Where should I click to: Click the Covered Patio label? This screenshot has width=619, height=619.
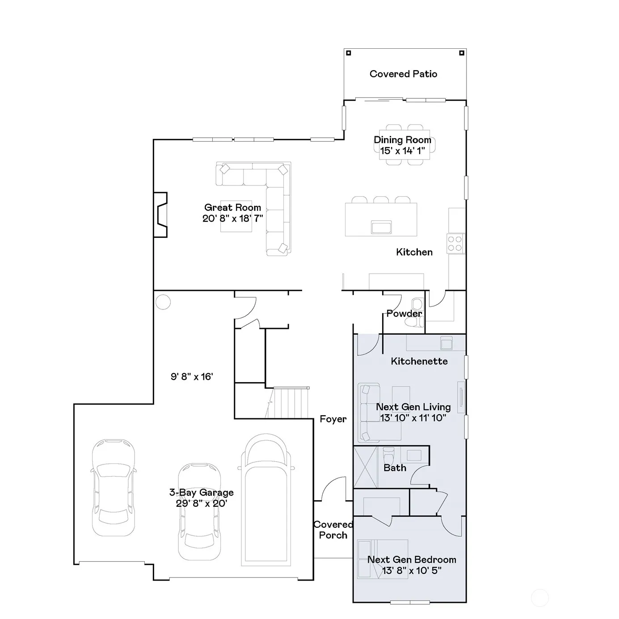pos(403,74)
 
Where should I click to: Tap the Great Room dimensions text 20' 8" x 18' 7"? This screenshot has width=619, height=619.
pos(232,219)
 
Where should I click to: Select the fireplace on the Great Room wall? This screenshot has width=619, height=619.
pos(160,215)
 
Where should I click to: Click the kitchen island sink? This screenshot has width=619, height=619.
pos(381,227)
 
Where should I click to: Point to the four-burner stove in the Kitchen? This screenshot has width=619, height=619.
pos(455,243)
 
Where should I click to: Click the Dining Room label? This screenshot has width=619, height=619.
pos(403,140)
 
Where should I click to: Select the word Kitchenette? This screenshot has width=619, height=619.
pos(419,361)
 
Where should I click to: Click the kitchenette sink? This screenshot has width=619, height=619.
pos(446,343)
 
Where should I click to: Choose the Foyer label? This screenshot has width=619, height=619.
pos(333,419)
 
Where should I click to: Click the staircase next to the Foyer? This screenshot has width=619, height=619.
pos(287,402)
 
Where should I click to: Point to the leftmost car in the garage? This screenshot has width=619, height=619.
pos(114,488)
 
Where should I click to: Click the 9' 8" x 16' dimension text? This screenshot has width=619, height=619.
pos(192,376)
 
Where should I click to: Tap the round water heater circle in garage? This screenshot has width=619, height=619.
pos(163,302)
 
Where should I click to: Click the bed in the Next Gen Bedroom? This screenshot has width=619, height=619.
pos(383,559)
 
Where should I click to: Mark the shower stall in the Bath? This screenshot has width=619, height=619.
pos(366,467)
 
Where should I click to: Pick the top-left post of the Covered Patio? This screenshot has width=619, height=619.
pos(349,53)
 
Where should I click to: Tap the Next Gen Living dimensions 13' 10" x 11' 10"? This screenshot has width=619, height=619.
pos(413,417)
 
